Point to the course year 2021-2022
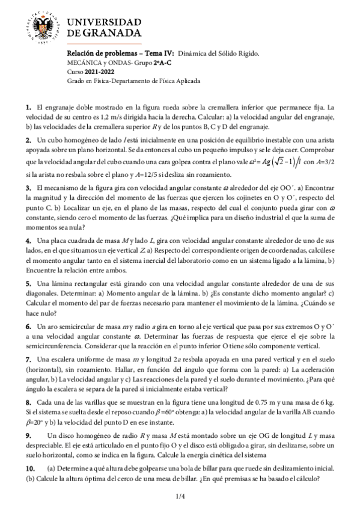coord(94,72)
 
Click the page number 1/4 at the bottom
coord(179,497)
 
